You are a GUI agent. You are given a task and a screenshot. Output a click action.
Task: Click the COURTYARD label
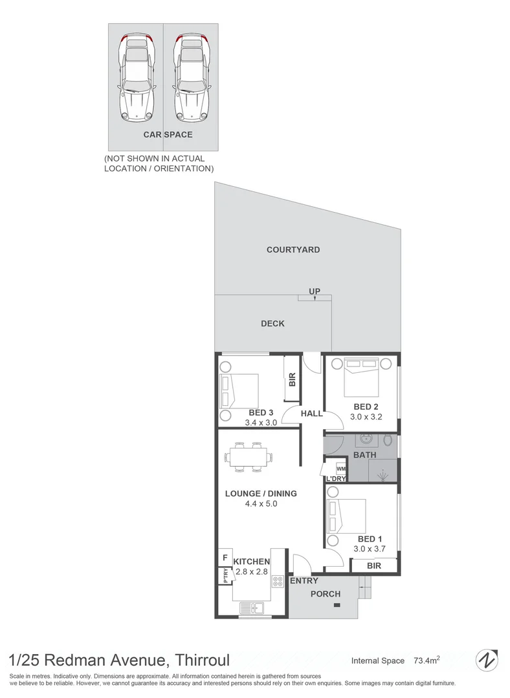click(x=293, y=249)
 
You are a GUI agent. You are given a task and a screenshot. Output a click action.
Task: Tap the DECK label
click(x=272, y=324)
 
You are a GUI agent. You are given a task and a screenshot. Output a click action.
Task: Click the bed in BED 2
click(x=362, y=378)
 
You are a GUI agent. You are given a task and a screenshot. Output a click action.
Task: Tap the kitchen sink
click(x=251, y=608)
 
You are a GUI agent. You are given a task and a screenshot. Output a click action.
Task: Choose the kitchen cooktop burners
click(x=279, y=581)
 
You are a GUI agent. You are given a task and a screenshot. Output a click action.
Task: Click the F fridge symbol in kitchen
click(x=225, y=558)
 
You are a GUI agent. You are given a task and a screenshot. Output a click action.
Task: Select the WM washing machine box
click(x=340, y=469)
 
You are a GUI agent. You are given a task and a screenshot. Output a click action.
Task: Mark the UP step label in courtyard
click(x=315, y=292)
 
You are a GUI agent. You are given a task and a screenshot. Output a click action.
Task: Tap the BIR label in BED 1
click(x=373, y=566)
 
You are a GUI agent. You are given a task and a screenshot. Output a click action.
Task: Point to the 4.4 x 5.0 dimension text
click(x=261, y=504)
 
